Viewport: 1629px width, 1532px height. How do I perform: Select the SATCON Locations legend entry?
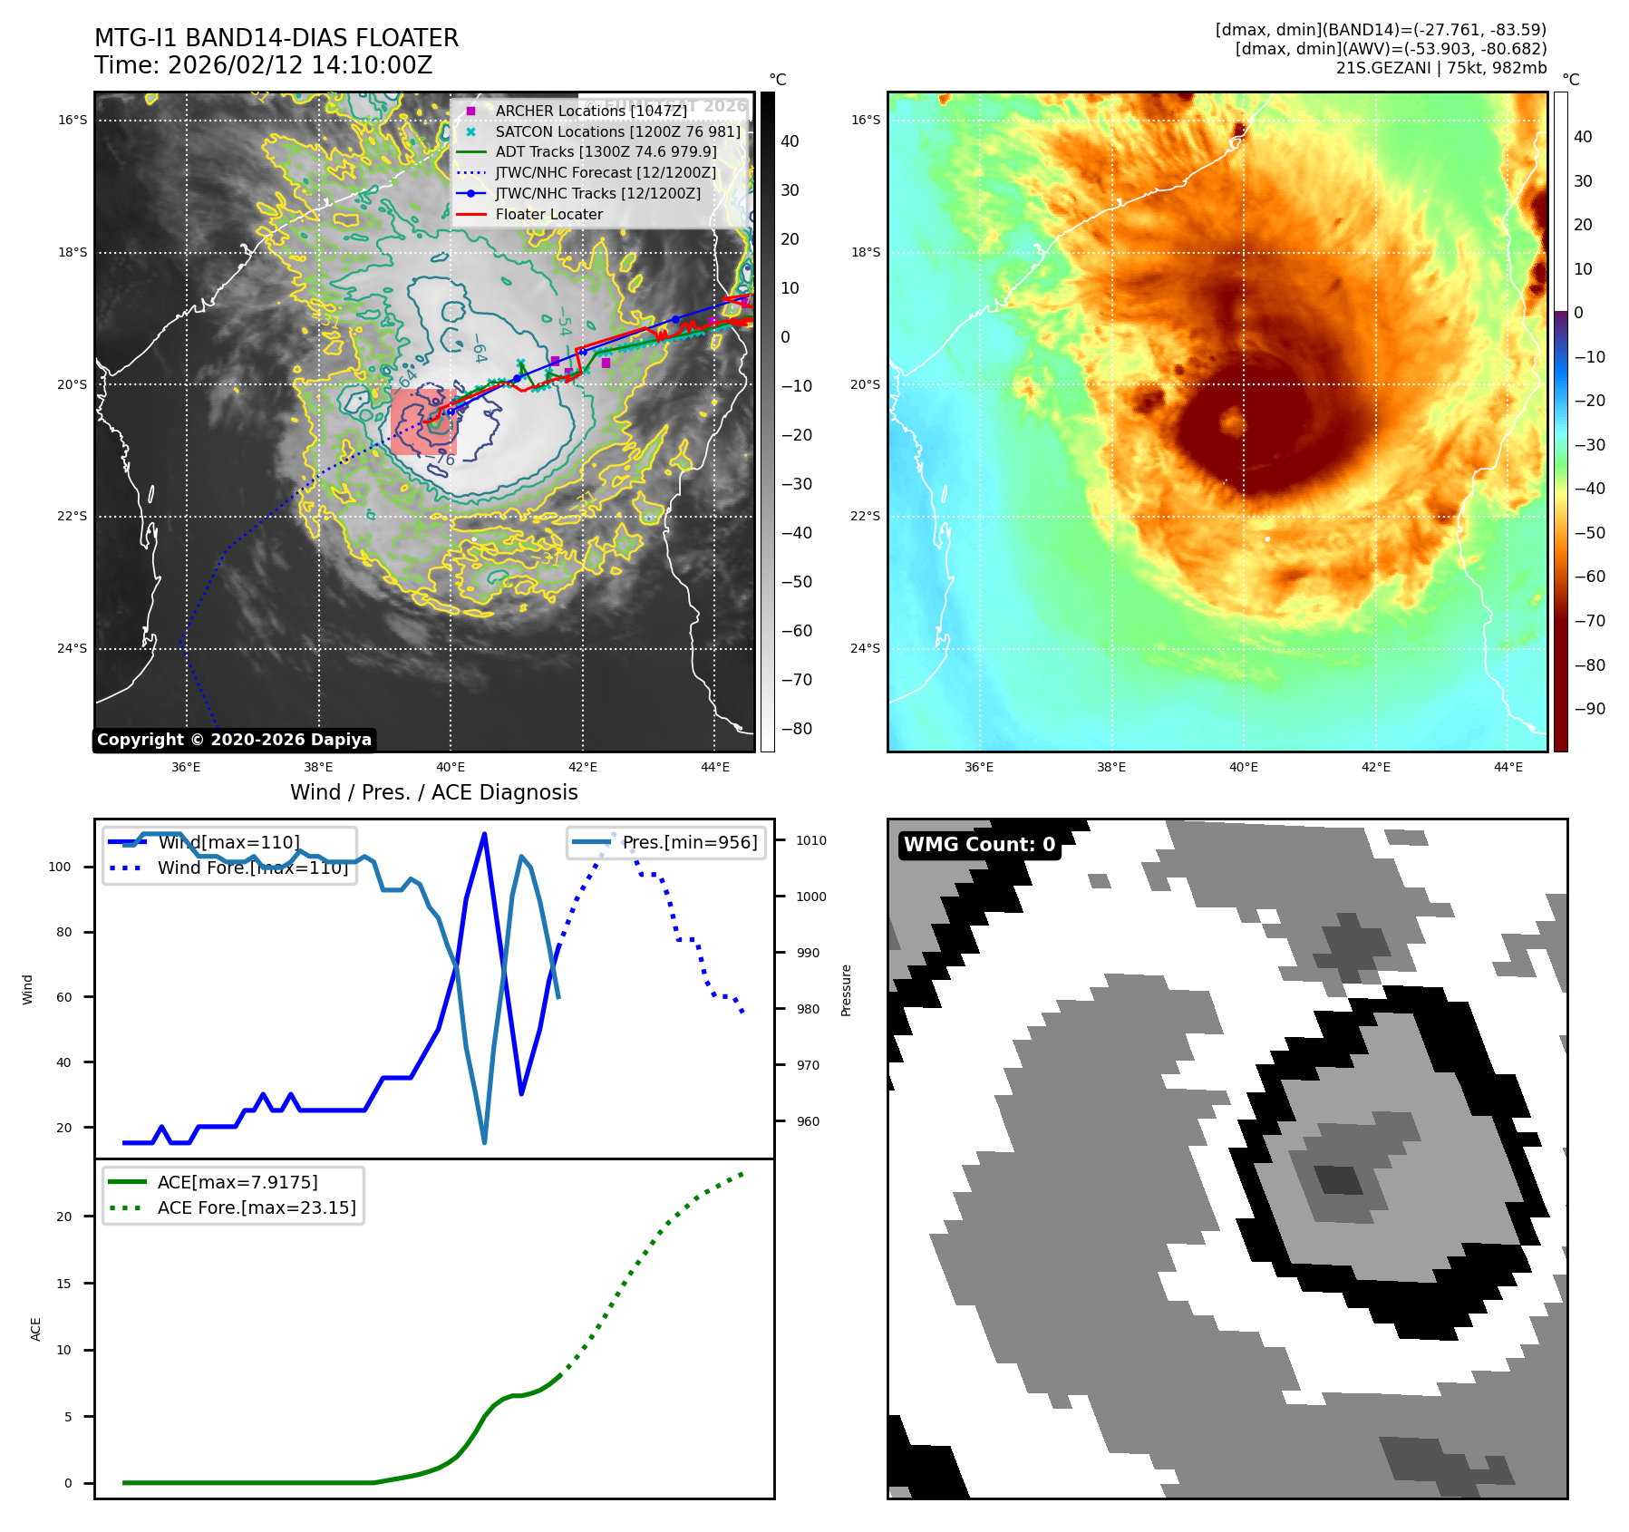coord(617,131)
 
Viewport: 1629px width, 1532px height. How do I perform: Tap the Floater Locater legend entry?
coord(548,214)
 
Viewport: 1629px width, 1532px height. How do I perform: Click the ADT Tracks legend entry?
coord(606,152)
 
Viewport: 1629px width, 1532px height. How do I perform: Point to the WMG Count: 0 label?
coord(979,845)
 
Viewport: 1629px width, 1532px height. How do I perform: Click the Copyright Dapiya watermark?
coord(234,740)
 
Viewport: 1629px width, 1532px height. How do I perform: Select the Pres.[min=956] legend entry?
coord(689,842)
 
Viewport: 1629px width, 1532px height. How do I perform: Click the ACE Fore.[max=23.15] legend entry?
coord(257,1207)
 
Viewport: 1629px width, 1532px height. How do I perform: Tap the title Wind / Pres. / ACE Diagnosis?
coord(433,792)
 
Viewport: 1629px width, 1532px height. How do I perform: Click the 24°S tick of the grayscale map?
coord(73,649)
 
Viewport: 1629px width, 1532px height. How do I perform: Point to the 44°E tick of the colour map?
coord(1508,767)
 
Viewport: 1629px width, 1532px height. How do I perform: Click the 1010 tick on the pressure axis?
coord(811,840)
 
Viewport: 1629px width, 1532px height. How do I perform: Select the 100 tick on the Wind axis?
coord(60,867)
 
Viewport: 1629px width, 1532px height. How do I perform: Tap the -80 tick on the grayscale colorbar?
coord(797,729)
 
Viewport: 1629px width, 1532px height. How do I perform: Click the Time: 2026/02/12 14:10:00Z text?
coord(263,65)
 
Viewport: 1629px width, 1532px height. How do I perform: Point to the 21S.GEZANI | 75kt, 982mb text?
coord(1440,68)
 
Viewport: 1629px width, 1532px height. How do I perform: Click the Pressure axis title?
coord(846,990)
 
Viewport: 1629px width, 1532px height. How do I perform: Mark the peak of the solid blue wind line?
coord(484,833)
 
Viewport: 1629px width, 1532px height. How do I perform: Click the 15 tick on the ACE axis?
coord(63,1284)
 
